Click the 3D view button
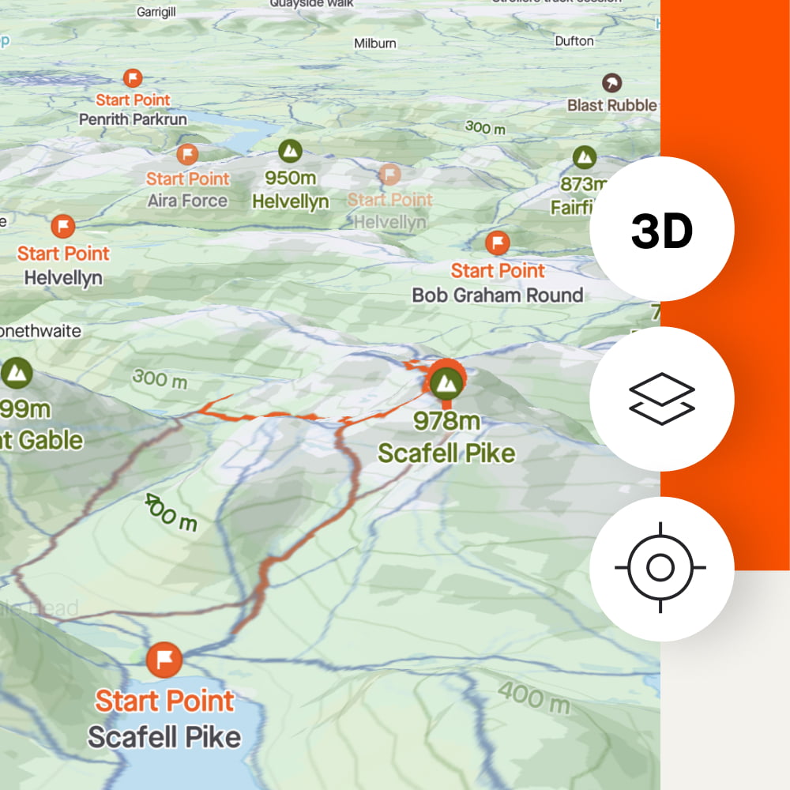tap(662, 229)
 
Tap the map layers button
tap(662, 399)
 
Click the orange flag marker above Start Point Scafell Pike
tap(164, 660)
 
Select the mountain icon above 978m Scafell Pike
tap(446, 383)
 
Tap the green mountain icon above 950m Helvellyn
tap(290, 151)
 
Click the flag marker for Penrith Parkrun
tap(133, 77)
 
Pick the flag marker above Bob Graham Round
tap(497, 243)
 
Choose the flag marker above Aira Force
tap(187, 154)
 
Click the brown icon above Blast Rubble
tap(611, 82)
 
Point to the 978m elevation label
tap(446, 421)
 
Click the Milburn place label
tap(374, 43)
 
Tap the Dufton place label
tap(574, 40)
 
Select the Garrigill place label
tap(157, 13)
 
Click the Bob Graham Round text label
tap(498, 295)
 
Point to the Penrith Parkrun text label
tap(133, 120)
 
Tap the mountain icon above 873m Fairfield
tap(585, 157)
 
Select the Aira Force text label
tap(187, 201)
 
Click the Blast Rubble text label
tap(612, 105)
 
